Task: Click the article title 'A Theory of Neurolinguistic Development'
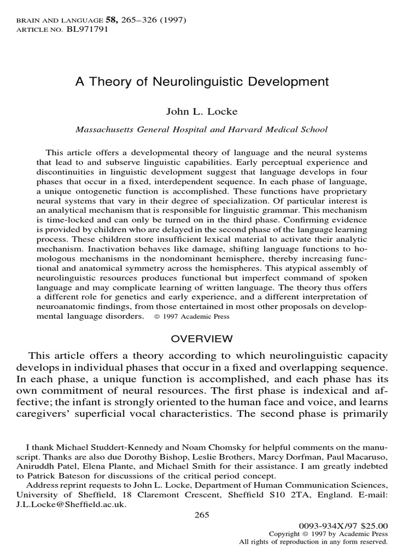tap(202, 83)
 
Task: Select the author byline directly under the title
tap(201, 112)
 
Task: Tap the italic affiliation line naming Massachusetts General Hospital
tap(201, 130)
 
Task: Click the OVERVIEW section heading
tap(201, 339)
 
